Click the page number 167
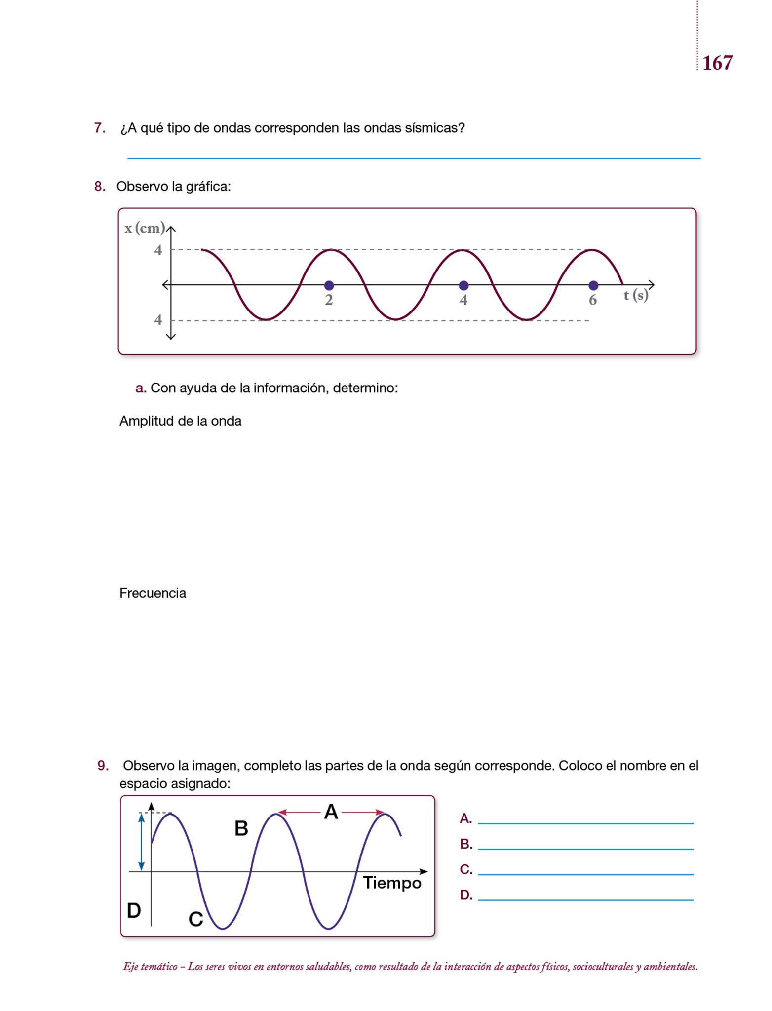[x=717, y=63]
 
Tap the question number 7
[x=99, y=128]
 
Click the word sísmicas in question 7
[x=434, y=128]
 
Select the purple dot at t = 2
[x=329, y=285]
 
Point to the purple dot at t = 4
[x=463, y=285]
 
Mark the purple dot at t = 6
[x=593, y=285]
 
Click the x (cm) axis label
[x=144, y=228]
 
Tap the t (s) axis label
[x=636, y=295]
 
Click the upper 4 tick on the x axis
[x=158, y=250]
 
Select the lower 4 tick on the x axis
[x=158, y=320]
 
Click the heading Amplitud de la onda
[x=180, y=421]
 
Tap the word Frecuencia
[x=153, y=593]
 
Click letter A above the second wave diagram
[x=331, y=812]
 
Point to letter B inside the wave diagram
[x=241, y=829]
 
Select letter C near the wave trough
[x=196, y=919]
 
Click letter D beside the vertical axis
[x=134, y=910]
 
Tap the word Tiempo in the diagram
[x=392, y=883]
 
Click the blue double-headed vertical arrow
[x=141, y=842]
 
